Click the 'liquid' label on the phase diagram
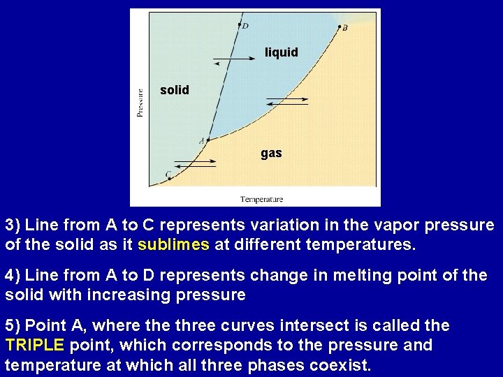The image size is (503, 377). [281, 52]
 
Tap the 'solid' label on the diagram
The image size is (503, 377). [174, 90]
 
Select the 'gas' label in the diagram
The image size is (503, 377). [271, 152]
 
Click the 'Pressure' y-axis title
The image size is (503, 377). [140, 101]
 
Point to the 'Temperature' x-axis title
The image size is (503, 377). [261, 200]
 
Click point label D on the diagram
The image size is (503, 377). [245, 27]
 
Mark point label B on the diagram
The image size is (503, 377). [344, 28]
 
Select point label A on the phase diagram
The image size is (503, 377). [201, 141]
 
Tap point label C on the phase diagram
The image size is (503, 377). [168, 174]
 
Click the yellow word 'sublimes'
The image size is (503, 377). [173, 245]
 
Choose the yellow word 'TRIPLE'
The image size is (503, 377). [34, 345]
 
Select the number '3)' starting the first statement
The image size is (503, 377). [14, 226]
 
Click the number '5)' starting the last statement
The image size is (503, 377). [14, 325]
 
